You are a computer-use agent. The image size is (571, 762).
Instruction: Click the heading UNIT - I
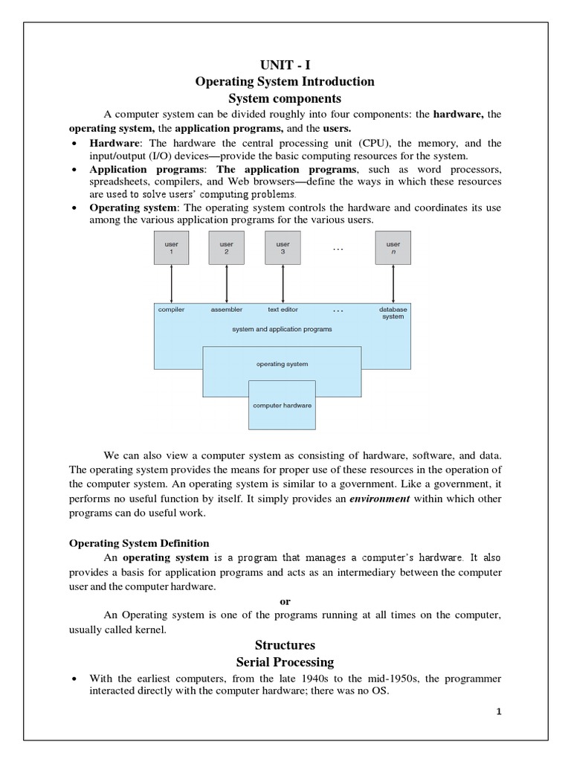pos(285,65)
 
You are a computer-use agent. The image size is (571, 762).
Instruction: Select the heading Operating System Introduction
pos(285,81)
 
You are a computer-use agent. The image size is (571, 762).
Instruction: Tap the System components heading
pos(285,98)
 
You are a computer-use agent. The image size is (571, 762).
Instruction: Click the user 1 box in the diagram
pos(172,248)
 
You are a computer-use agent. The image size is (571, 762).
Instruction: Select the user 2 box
pos(227,248)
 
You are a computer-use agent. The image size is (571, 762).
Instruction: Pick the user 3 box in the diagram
pos(283,248)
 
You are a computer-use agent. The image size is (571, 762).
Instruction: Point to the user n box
pos(393,248)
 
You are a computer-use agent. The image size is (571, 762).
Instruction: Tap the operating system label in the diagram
pos(282,364)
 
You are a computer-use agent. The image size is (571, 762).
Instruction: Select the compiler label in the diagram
pos(171,309)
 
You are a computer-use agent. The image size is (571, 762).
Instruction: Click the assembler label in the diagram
pos(227,309)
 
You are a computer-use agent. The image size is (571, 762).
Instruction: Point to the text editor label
pos(283,309)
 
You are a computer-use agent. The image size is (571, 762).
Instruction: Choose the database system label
pos(393,313)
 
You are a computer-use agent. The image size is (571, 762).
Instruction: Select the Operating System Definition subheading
pos(139,543)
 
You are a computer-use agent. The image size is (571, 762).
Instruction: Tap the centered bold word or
pos(285,601)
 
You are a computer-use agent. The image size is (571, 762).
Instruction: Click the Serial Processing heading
pos(285,662)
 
